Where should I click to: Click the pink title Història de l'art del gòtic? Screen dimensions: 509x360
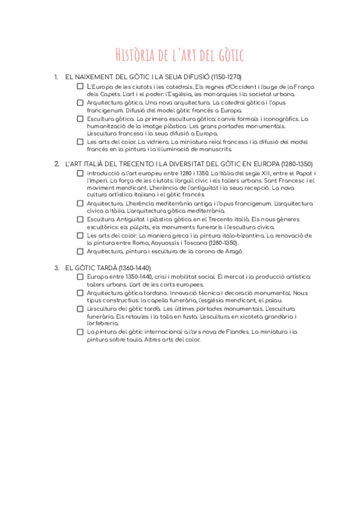coord(180,56)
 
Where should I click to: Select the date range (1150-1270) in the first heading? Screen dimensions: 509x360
coord(222,77)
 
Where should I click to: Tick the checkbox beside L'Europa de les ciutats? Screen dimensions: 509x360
coord(80,86)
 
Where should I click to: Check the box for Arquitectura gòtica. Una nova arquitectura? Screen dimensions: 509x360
coord(80,103)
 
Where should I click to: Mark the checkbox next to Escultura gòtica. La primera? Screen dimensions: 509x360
coord(80,119)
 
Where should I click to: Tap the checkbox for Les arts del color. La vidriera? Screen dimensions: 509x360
coord(80,142)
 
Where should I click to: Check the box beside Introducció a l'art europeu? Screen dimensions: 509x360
coord(80,173)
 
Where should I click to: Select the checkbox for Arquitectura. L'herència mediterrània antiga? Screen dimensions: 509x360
coord(80,203)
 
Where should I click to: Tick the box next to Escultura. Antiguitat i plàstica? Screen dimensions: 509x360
coord(80,219)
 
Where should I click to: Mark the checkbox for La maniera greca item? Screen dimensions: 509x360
coord(80,235)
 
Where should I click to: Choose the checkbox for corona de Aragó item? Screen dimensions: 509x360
coord(80,251)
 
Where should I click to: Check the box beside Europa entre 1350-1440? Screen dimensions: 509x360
coord(80,277)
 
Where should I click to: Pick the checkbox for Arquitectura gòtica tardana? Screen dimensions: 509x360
coord(80,293)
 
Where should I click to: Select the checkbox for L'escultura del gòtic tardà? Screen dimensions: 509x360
coord(80,309)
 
